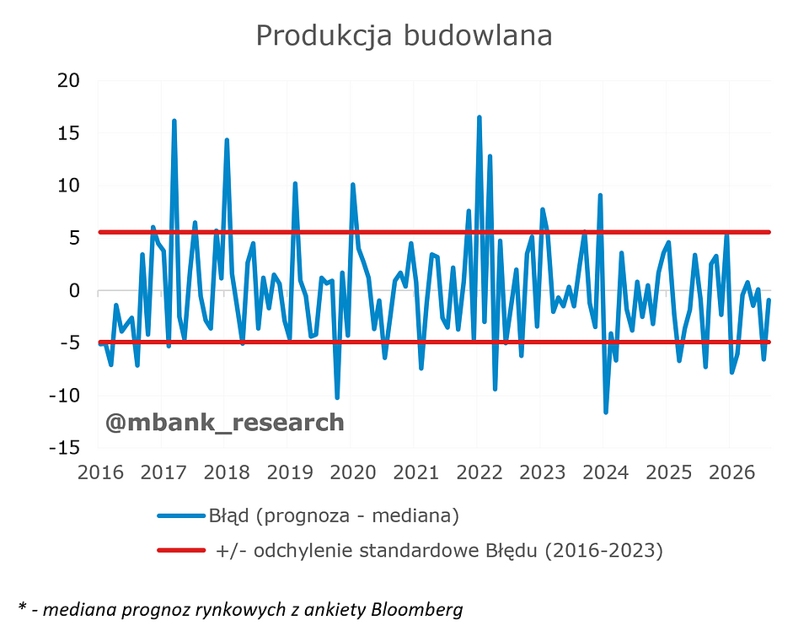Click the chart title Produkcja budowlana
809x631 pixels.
click(x=404, y=36)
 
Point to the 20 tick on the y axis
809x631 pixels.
click(x=68, y=80)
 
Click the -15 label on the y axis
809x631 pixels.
click(x=65, y=448)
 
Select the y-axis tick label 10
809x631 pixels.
click(x=68, y=186)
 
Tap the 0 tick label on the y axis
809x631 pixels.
click(x=74, y=290)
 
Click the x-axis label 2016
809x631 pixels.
click(x=100, y=472)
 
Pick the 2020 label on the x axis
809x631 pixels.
click(x=353, y=472)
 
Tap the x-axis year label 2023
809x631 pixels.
click(x=542, y=472)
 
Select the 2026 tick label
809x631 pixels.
click(x=731, y=472)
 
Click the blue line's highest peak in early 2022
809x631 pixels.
click(x=480, y=118)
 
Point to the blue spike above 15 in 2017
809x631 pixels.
click(x=174, y=121)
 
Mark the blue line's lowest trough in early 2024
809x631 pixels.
click(x=606, y=412)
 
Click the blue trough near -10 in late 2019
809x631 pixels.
click(x=337, y=397)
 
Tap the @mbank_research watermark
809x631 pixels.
click(x=224, y=423)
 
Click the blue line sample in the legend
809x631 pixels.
click(x=181, y=515)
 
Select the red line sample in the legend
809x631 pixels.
click(x=181, y=551)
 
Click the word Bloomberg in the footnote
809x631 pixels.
click(x=417, y=610)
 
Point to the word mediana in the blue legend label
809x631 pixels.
click(x=415, y=515)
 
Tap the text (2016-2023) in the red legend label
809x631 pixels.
click(x=603, y=551)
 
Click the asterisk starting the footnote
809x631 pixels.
click(x=22, y=607)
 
